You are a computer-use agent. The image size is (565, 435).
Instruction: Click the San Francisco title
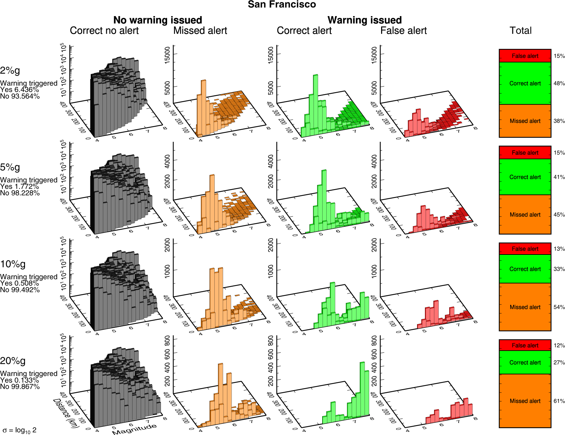(x=282, y=4)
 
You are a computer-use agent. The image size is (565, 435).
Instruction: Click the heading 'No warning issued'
(x=158, y=20)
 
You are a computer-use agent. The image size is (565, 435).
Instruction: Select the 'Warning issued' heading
(x=364, y=20)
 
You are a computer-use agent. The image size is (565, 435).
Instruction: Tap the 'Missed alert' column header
(x=200, y=30)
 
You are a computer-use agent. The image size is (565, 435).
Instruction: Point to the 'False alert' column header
(x=403, y=30)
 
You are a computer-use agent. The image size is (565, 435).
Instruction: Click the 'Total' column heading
(x=520, y=30)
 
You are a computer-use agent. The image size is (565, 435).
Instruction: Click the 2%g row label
(x=10, y=71)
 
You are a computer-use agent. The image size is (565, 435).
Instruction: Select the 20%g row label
(x=13, y=361)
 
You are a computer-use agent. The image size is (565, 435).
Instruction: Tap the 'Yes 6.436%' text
(x=19, y=90)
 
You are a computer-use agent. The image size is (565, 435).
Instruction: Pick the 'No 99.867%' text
(x=20, y=387)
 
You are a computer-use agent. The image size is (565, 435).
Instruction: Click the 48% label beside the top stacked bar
(x=559, y=83)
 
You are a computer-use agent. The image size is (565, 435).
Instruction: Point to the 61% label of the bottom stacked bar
(x=559, y=401)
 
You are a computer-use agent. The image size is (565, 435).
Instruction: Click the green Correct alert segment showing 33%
(x=525, y=269)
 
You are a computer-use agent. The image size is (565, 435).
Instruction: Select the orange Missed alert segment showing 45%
(x=525, y=215)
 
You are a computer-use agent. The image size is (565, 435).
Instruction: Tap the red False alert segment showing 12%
(x=525, y=345)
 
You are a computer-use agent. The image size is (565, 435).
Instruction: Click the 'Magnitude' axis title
(x=134, y=429)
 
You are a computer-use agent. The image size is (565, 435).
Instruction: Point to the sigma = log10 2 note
(x=20, y=430)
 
